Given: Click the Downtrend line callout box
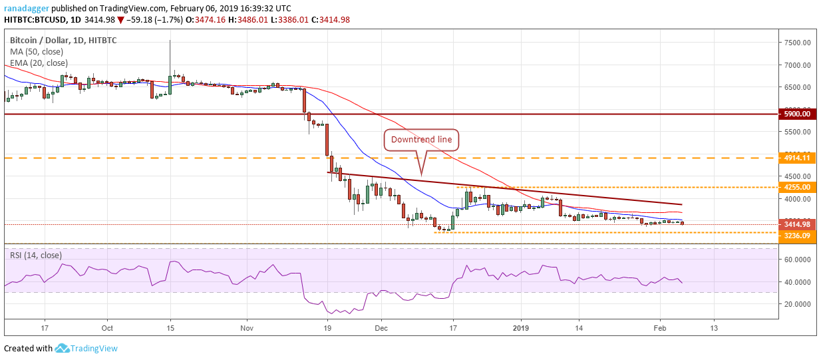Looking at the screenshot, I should (420, 140).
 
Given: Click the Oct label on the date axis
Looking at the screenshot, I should (108, 328).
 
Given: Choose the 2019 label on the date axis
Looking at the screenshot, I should (521, 328).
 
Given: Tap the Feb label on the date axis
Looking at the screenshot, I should (659, 328).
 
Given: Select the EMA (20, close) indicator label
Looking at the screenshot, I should (39, 63).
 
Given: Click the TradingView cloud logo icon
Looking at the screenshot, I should (63, 348).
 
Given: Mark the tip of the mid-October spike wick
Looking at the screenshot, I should (170, 40).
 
